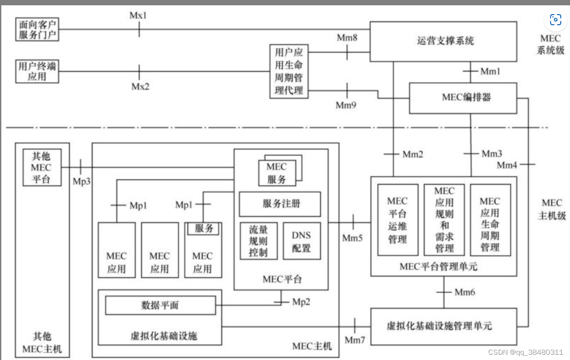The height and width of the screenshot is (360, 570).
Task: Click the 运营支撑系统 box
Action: tap(443, 41)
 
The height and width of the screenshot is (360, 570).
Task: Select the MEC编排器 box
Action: tap(463, 98)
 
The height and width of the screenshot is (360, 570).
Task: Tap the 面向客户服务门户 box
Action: tap(37, 30)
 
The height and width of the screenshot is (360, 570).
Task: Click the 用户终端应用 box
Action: tap(37, 72)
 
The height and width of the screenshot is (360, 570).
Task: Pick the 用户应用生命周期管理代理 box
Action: tap(289, 71)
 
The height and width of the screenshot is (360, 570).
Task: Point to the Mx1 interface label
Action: tap(138, 15)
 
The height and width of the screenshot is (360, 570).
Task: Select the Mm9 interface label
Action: tap(346, 105)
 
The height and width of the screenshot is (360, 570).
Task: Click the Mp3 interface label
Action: tap(81, 181)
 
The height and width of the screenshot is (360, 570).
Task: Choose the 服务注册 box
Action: tap(280, 204)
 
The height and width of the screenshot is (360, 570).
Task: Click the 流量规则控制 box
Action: tap(258, 241)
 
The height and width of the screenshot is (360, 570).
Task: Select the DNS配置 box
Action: tap(301, 241)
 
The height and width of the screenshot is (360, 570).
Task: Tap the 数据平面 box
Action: tap(160, 305)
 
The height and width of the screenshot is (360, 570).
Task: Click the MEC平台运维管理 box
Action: tap(398, 220)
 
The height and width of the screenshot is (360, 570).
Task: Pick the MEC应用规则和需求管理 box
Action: tap(444, 220)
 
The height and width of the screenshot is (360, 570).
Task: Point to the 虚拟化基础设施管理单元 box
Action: tap(443, 326)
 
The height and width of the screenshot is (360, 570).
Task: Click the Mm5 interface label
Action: tap(352, 238)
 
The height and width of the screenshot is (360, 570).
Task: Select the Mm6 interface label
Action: tap(464, 292)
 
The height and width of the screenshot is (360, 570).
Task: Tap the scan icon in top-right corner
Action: tap(555, 19)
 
